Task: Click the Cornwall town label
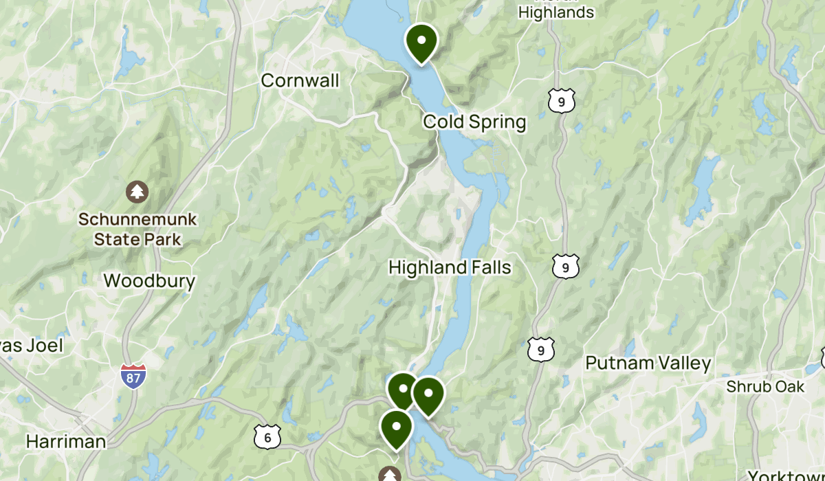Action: click(x=300, y=80)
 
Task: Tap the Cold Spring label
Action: click(x=474, y=122)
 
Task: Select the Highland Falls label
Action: click(x=450, y=267)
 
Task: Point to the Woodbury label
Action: click(x=149, y=280)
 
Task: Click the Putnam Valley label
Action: click(x=648, y=363)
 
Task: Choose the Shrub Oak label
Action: click(x=765, y=387)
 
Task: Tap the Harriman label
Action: click(x=66, y=440)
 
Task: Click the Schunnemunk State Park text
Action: click(x=137, y=230)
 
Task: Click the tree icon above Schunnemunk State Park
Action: click(x=138, y=191)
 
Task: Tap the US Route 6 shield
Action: click(x=267, y=436)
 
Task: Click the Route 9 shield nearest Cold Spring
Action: click(x=562, y=101)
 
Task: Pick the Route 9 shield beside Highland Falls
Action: click(x=565, y=267)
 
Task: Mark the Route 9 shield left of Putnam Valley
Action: click(x=542, y=350)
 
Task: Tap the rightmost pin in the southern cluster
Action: click(x=428, y=395)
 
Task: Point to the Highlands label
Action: click(x=555, y=12)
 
